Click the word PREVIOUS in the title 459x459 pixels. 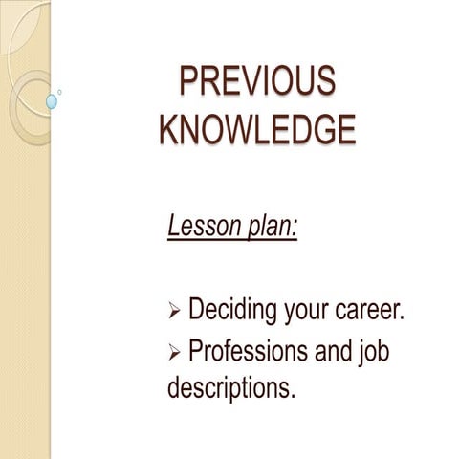coord(258,82)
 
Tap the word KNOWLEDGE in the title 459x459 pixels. coord(257,128)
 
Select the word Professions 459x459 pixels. coord(250,352)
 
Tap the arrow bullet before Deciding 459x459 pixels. coord(173,313)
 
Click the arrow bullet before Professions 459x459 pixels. coord(173,354)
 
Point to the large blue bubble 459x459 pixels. coord(52,100)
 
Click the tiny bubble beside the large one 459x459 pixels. coord(59,92)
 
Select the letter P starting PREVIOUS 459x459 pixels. coord(191,82)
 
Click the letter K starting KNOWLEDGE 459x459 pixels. coord(170,128)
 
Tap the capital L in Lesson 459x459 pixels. coord(173,227)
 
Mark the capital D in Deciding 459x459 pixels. coord(198,310)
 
